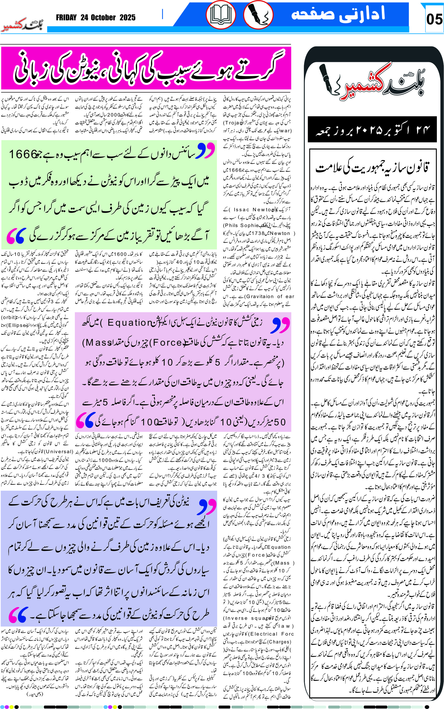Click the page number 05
[434, 19]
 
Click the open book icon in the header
[221, 15]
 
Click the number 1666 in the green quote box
[24, 154]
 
